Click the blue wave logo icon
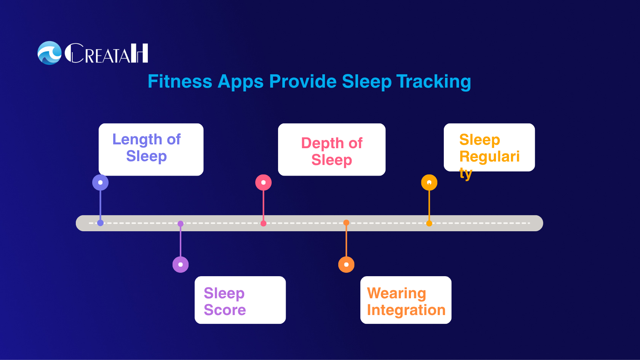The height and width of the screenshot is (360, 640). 50,53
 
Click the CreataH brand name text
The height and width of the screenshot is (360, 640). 106,53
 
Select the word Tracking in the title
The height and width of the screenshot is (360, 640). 434,82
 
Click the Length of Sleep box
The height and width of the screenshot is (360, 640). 151,149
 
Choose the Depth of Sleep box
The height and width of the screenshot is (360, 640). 331,149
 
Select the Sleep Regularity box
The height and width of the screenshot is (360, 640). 489,148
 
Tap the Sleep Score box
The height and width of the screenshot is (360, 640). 240,300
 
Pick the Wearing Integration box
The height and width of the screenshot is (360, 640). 406,300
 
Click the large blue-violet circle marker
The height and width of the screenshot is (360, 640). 100,182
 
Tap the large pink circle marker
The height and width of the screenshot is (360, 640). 263,182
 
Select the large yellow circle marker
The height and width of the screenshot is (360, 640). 429,182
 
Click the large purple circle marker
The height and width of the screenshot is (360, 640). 181,264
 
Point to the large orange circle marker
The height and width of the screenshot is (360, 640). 346,264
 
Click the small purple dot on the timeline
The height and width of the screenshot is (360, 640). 181,224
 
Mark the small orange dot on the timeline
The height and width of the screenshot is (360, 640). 346,223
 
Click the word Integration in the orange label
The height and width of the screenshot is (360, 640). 406,310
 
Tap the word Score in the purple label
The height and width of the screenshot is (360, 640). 225,310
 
